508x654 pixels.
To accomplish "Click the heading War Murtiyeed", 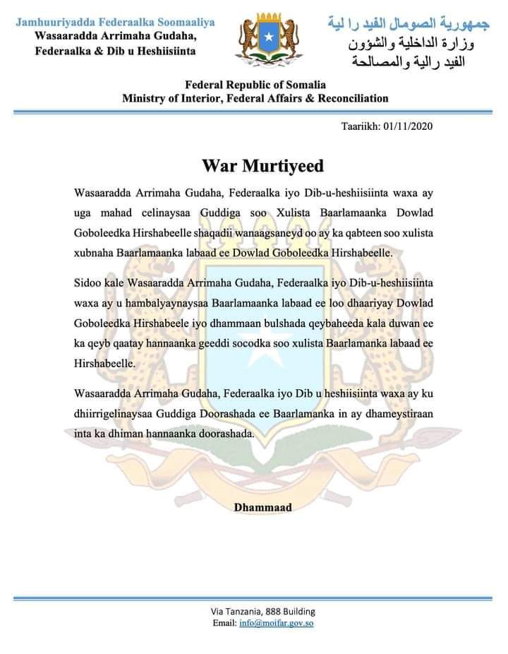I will [262, 166].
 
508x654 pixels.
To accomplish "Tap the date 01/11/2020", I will [407, 127].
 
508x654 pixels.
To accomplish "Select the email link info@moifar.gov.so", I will [277, 624].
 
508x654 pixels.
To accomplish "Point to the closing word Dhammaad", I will [262, 507].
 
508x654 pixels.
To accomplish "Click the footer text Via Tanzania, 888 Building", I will [262, 611].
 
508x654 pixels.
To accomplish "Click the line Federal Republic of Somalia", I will [255, 85].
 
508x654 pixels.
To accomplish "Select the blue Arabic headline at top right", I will [408, 23].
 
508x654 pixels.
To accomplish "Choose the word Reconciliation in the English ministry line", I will [349, 98].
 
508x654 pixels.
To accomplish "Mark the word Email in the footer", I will [224, 624].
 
